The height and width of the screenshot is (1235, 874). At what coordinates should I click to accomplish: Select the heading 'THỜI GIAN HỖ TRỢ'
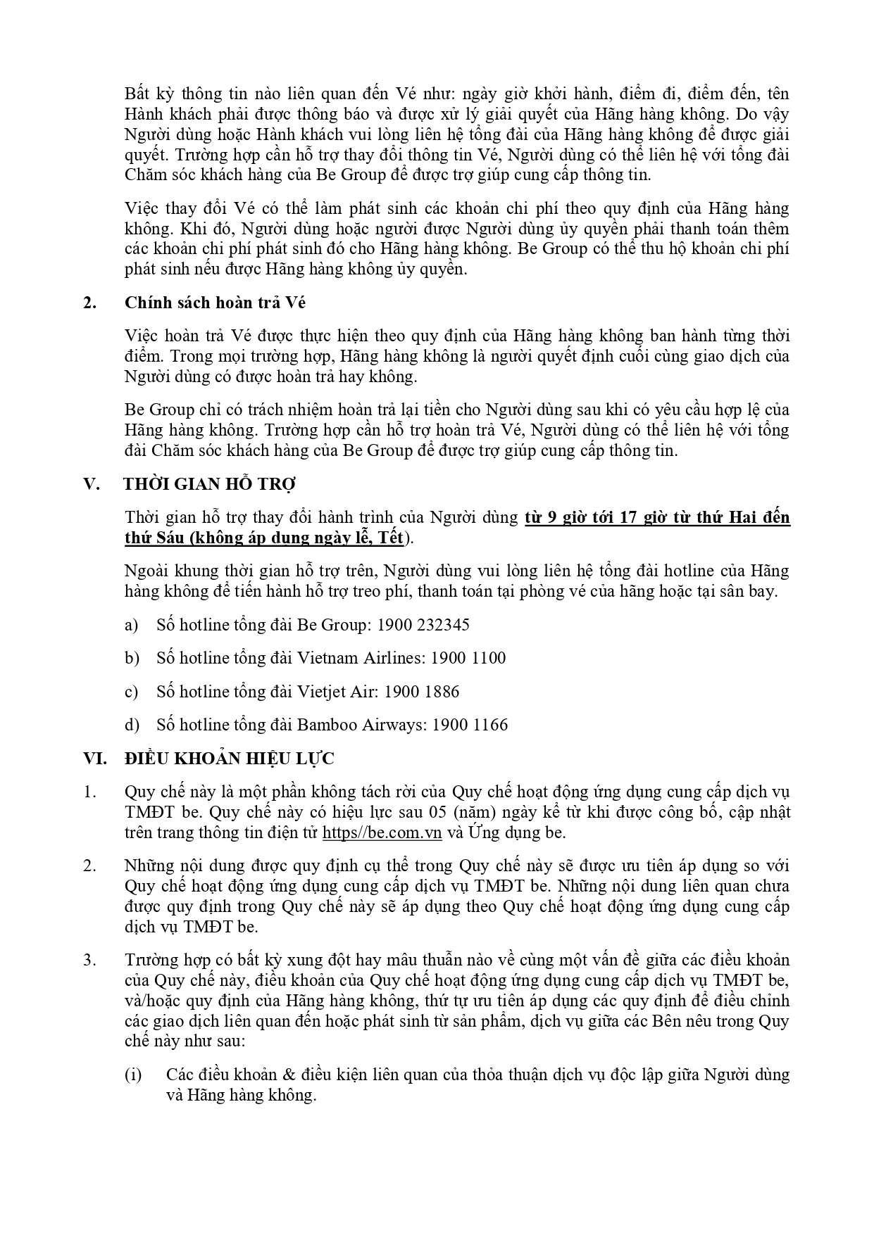tap(209, 484)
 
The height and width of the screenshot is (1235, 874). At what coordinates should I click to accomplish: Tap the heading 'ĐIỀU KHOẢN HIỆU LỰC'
tap(229, 759)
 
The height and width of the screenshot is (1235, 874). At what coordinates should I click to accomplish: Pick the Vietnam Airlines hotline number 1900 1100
tap(468, 658)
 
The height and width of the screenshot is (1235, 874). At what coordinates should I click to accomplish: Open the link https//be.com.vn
tap(382, 832)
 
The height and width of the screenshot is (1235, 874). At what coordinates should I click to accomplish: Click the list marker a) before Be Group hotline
tap(131, 625)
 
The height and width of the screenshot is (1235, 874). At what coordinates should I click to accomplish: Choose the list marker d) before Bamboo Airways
tap(132, 725)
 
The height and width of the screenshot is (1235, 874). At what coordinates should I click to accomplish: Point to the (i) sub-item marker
tap(133, 1075)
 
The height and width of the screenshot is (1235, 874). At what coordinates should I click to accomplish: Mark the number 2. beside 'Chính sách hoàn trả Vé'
tap(89, 303)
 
